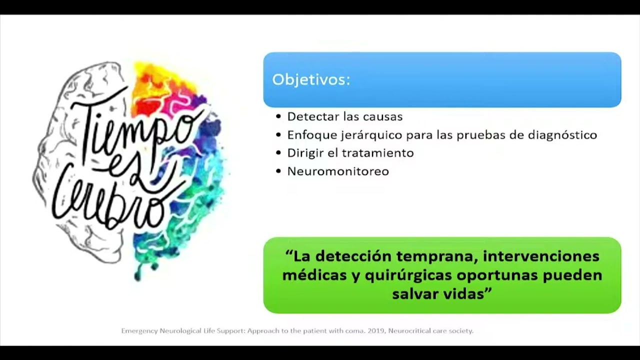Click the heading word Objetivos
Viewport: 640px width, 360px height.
tap(310, 80)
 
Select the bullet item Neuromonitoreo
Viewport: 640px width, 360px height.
tap(338, 171)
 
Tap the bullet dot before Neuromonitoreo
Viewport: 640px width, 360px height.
tap(278, 171)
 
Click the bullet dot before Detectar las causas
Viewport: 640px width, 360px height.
tap(278, 117)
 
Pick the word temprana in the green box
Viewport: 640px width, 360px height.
tap(435, 256)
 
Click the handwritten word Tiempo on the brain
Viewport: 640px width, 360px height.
tap(135, 125)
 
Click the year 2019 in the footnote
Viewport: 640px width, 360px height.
tap(376, 331)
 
